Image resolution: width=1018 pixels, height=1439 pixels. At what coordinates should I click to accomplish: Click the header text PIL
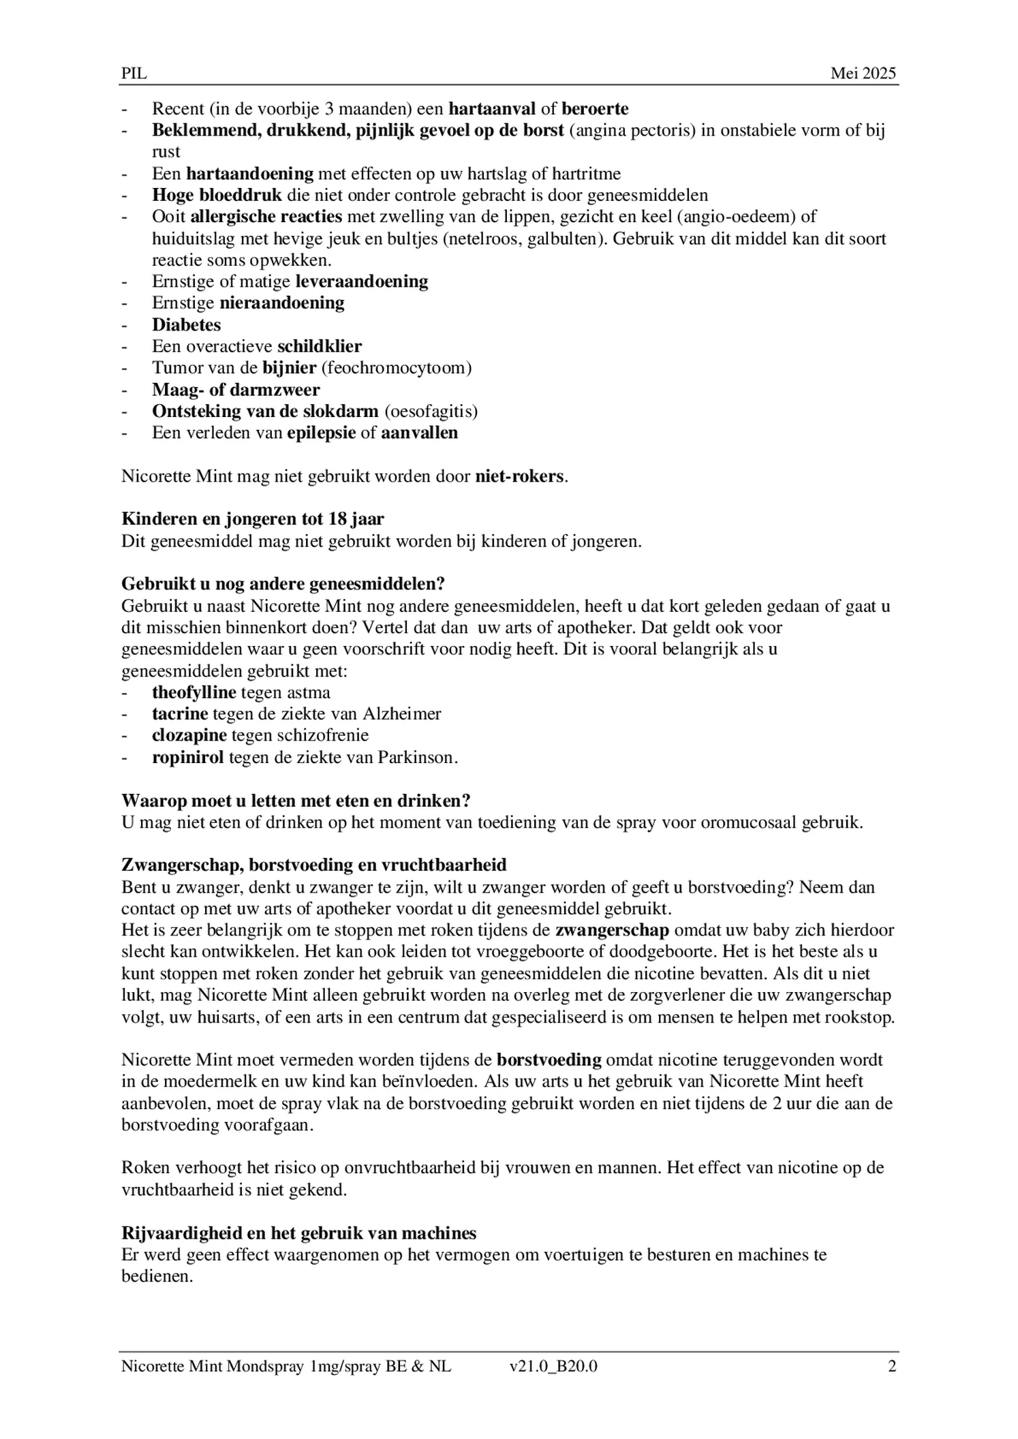pos(134,74)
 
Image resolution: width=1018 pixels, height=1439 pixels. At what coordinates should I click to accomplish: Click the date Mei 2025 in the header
pos(863,74)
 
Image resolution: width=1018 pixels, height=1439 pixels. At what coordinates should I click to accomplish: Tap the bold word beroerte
pos(595,108)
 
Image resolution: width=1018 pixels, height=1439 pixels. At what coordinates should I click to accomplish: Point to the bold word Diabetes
pos(186,325)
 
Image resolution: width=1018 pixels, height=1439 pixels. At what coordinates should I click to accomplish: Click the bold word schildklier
pos(319,346)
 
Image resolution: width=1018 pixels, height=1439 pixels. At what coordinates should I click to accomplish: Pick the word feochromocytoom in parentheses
pos(397,368)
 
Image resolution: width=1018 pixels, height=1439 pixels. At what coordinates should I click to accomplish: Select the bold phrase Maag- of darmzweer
pos(236,390)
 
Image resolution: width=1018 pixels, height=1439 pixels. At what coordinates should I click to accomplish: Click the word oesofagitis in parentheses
pos(431,412)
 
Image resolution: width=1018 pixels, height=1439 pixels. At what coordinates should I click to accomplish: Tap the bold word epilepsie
pos(322,433)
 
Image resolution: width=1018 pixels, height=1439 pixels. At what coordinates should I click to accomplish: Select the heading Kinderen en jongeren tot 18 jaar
pos(253,519)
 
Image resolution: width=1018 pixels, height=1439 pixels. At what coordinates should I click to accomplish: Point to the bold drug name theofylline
pos(194,693)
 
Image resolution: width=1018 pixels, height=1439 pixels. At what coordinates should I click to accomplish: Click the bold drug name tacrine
pos(180,714)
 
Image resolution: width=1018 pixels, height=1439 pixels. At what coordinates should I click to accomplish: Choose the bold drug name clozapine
pos(189,736)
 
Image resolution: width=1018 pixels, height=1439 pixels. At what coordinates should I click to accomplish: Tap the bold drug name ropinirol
pos(188,758)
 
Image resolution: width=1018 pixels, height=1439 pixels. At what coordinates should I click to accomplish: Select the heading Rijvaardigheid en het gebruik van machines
pos(298,1233)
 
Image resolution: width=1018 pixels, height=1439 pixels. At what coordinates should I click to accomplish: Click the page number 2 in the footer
pos(891,1366)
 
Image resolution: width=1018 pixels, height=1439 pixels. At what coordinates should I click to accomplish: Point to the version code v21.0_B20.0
pos(553,1366)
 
